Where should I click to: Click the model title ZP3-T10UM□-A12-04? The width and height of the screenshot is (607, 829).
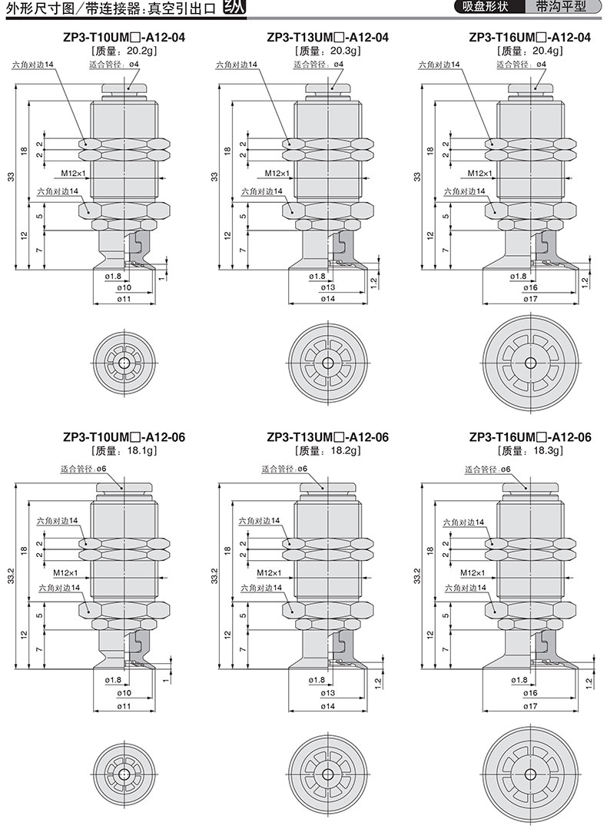124,38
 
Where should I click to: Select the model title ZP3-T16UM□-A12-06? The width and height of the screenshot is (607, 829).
530,437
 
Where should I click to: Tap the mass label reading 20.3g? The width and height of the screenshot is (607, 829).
346,51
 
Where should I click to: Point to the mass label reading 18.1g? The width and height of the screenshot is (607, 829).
141,451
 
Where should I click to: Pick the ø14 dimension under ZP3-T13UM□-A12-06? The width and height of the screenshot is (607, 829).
327,706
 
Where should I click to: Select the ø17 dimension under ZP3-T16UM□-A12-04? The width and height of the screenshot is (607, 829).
530,299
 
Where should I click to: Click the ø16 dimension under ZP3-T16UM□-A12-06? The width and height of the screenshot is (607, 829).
530,692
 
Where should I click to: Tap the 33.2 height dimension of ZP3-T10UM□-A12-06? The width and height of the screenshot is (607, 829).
11,575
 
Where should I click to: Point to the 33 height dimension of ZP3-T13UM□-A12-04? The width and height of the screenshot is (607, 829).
214,177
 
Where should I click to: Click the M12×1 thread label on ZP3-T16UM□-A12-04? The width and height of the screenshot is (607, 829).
479,173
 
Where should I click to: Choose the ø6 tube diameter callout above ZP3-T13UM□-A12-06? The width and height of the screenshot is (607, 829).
302,469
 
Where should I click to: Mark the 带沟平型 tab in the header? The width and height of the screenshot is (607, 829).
560,7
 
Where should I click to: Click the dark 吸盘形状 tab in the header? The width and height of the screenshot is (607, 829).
485,7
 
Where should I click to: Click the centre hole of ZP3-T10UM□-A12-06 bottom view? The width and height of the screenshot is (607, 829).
124,774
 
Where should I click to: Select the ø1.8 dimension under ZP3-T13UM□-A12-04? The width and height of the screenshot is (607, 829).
317,276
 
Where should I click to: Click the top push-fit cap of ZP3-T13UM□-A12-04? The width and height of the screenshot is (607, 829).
327,88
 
